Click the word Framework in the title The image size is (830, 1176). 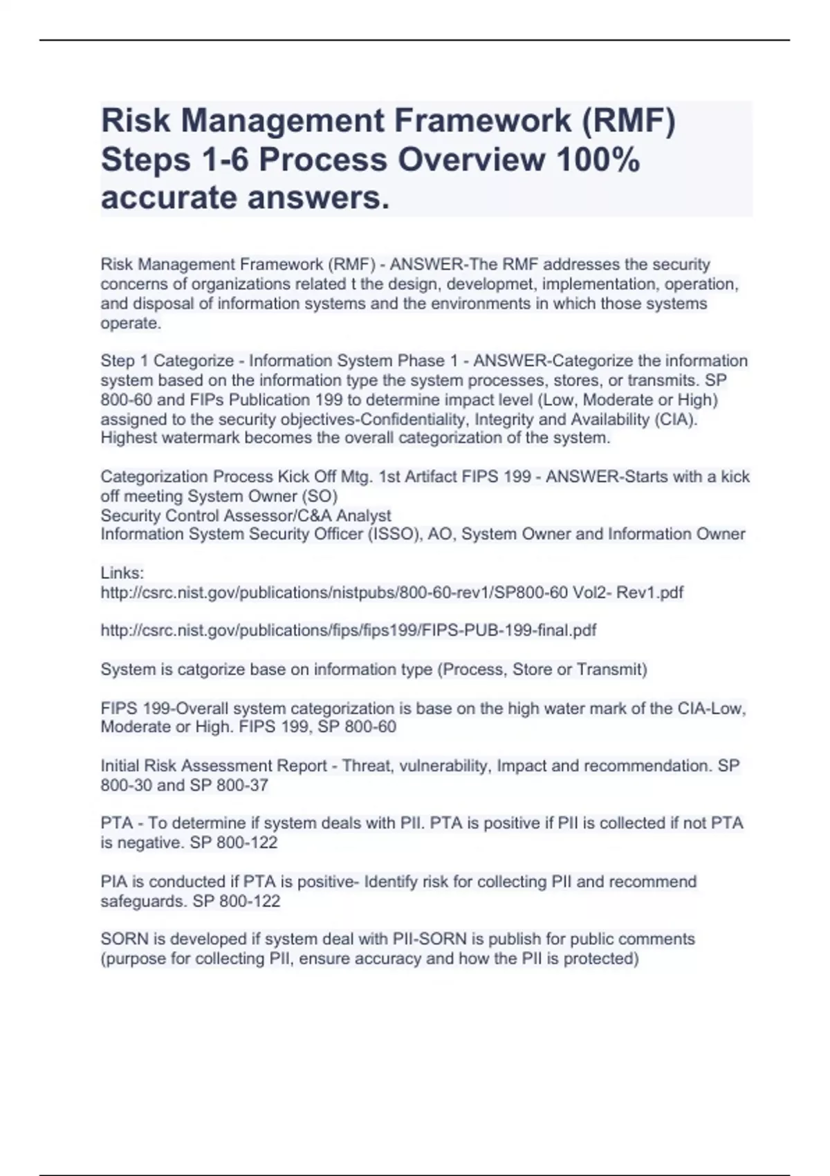tap(482, 121)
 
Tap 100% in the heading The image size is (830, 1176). tap(598, 160)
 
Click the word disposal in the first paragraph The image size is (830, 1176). tap(163, 304)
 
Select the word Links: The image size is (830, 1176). tap(122, 573)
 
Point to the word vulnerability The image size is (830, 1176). tap(443, 766)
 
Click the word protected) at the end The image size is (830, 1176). tap(600, 959)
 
